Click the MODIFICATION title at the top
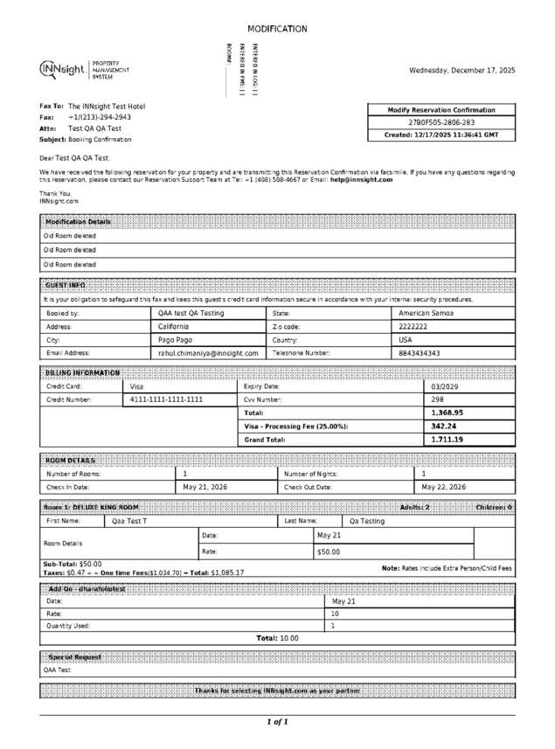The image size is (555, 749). pos(277,29)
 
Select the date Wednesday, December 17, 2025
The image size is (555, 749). pos(462,70)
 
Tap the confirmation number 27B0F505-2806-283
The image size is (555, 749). pos(442,123)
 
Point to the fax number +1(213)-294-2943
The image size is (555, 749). pos(100,117)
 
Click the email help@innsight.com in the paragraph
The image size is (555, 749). pos(361,180)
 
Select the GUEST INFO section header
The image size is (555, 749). pos(65,285)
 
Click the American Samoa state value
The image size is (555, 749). pos(426,313)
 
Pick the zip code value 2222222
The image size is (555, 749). pos(413,326)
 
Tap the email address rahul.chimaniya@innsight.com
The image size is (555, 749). pos(208,353)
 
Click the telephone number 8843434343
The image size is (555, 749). pos(420,353)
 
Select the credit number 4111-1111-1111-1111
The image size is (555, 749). pos(166,399)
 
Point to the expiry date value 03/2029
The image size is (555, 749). pos(446,386)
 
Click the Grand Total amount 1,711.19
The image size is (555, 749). pos(447,440)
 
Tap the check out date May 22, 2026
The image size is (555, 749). pos(444,487)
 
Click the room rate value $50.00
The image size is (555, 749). pos(329,552)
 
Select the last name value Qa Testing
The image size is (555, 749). pos(367,521)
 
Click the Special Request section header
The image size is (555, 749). pos(74,656)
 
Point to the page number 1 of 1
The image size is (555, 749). pos(277,722)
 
